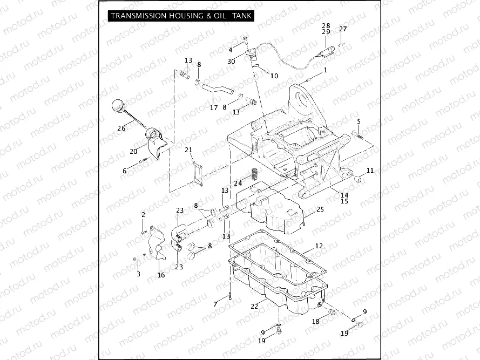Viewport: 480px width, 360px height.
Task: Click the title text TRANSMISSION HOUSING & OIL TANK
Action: (181, 16)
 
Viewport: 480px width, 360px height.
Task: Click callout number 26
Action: (121, 128)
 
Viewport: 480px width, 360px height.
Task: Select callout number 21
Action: (188, 150)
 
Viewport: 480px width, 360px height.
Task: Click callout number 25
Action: (320, 209)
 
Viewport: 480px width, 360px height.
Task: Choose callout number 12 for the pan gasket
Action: (319, 246)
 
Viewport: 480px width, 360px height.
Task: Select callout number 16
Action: (161, 275)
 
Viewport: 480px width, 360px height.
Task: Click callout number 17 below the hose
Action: (214, 107)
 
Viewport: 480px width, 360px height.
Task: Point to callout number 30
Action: (231, 62)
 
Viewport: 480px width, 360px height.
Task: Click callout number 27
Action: (343, 29)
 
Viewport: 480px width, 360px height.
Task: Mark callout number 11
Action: (370, 171)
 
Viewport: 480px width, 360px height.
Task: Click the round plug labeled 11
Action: (357, 179)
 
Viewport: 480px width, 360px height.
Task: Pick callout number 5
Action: (359, 121)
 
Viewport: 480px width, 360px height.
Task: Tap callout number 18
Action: (315, 322)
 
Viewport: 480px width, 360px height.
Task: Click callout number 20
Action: (133, 152)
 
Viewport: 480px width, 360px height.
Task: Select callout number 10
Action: (274, 76)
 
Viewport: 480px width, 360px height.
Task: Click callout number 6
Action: (125, 171)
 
